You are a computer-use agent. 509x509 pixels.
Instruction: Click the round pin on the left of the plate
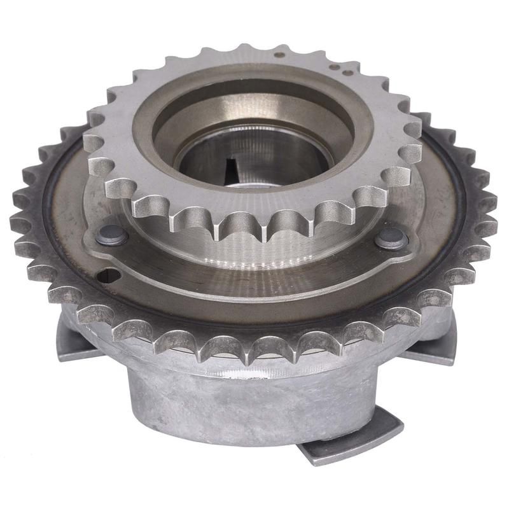(113, 236)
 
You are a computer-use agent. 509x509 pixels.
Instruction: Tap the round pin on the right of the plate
(391, 239)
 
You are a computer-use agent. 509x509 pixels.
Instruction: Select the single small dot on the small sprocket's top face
(278, 55)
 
